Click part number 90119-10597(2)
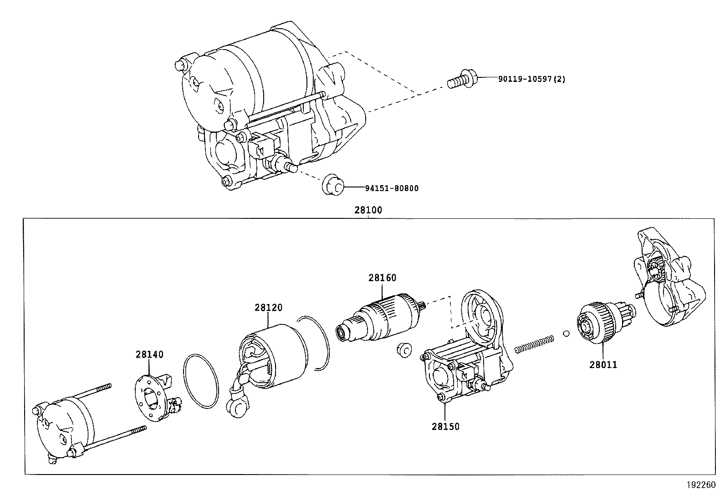(x=531, y=79)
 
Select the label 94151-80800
(x=391, y=188)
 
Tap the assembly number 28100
(x=368, y=211)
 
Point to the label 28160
(x=382, y=278)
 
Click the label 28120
(x=268, y=308)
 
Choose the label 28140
(x=149, y=354)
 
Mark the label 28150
(x=445, y=427)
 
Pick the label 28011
(x=603, y=364)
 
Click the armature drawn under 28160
(x=381, y=319)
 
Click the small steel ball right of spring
(x=566, y=333)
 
